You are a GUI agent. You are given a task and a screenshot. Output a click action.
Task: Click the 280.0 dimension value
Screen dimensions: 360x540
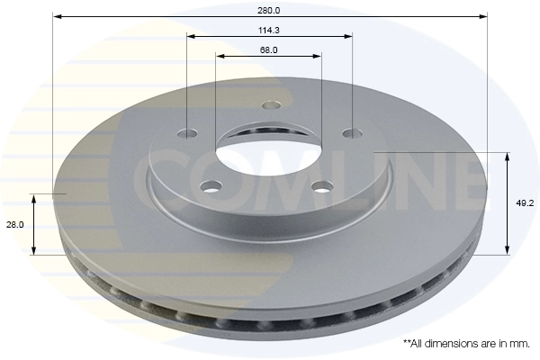tap(269, 10)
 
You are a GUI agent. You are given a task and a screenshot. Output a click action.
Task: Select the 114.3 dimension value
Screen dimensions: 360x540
tap(269, 30)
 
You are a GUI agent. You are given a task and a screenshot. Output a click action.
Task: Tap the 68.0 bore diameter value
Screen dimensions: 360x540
tap(268, 49)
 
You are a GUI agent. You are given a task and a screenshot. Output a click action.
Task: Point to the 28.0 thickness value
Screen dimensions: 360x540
tap(14, 225)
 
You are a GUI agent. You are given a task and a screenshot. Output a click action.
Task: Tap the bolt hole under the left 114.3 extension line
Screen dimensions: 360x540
tap(187, 134)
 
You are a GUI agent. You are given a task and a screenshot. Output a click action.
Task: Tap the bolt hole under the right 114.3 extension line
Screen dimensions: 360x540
tap(352, 134)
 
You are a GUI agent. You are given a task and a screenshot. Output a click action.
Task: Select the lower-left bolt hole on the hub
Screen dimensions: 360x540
tap(211, 187)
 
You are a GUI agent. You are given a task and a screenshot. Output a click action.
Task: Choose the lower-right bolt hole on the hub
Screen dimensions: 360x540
tap(321, 187)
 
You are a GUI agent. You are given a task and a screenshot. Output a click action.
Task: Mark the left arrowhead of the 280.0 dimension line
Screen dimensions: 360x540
tap(56, 16)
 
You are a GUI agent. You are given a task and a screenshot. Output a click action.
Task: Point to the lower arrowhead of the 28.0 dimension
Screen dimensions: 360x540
tap(34, 250)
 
